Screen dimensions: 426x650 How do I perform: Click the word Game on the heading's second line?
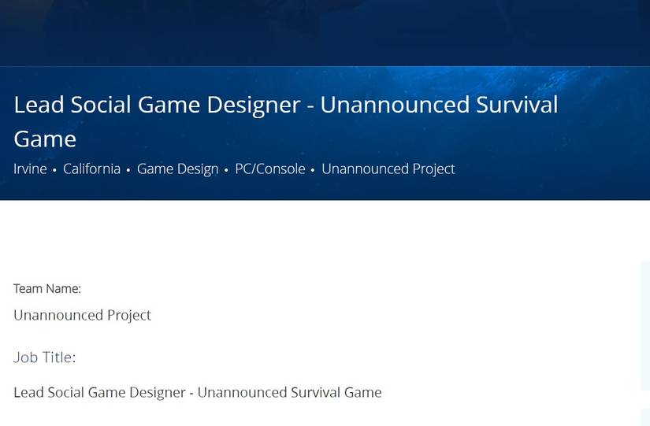coord(45,139)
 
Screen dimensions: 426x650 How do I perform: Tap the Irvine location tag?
coord(30,169)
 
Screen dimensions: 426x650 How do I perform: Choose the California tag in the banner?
coord(91,169)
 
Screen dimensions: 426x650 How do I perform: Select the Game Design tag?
coord(177,169)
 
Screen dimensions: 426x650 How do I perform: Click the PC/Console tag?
coord(269,169)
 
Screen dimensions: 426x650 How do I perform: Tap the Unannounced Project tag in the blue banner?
coord(388,169)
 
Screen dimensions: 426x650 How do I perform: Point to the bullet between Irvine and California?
coord(54,170)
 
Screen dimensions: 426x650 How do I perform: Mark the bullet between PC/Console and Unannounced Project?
coord(313,170)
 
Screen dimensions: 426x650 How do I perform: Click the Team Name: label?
coord(47,289)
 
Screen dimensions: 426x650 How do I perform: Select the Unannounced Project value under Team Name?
coord(82,315)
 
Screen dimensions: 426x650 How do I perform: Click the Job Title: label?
coord(45,357)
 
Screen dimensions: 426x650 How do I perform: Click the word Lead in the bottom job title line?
coord(28,392)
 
